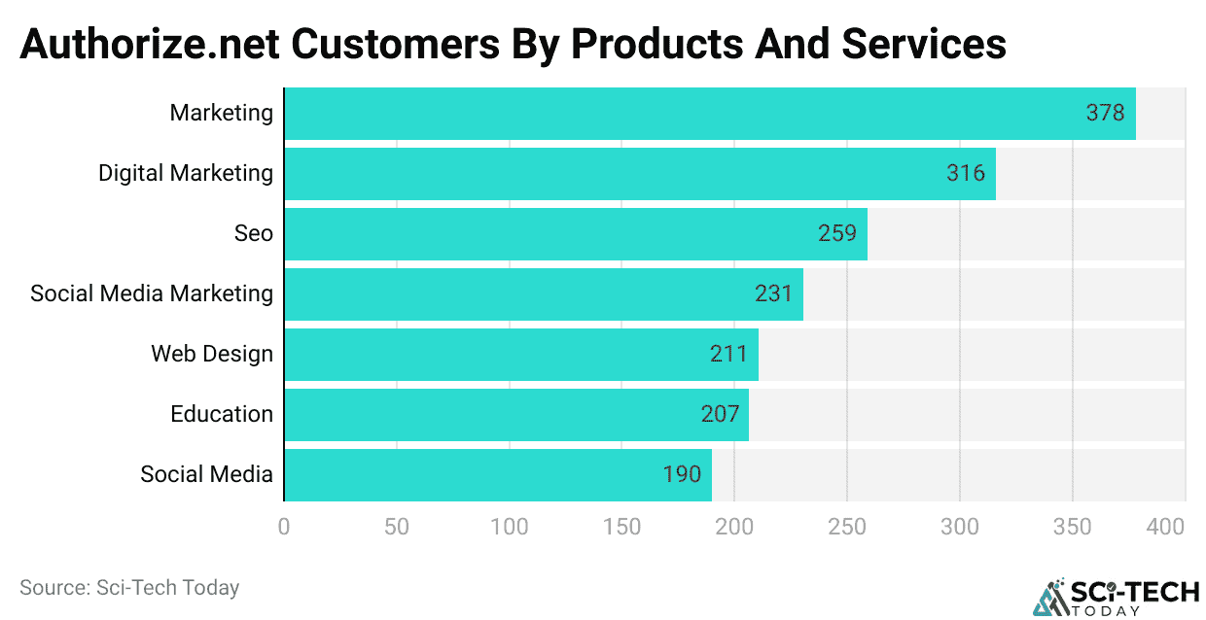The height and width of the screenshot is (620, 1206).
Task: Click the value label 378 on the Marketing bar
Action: click(x=1105, y=113)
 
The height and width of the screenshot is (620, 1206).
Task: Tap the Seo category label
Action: click(x=253, y=233)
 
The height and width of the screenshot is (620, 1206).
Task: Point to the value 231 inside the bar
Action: click(x=774, y=293)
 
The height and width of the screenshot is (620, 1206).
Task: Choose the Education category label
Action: click(x=222, y=414)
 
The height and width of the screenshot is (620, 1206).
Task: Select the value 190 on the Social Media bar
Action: click(x=682, y=474)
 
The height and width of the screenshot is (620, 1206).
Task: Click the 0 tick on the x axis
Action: click(x=284, y=527)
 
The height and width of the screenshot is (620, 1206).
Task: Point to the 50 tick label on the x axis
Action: click(x=396, y=527)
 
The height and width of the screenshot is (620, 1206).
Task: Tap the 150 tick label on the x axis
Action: click(x=621, y=527)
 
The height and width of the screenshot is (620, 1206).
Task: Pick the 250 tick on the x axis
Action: click(x=846, y=527)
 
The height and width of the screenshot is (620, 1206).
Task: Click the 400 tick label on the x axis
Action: click(x=1165, y=527)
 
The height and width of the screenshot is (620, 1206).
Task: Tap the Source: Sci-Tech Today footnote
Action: click(x=129, y=587)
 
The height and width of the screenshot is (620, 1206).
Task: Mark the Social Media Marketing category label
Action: click(x=152, y=293)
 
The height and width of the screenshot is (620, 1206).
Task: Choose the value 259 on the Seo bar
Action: click(x=837, y=233)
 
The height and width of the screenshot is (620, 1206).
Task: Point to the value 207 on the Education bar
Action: click(x=720, y=414)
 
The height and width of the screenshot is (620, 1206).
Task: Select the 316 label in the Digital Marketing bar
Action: click(x=966, y=173)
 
